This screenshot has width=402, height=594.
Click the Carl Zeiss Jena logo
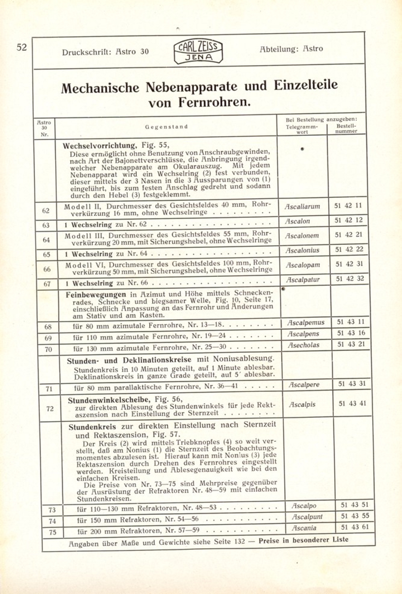pos(198,51)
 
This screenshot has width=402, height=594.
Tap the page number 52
pos(21,47)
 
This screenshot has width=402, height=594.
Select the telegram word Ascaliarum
pos(302,207)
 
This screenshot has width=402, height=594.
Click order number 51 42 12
pos(348,220)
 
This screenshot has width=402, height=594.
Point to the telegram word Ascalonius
pos(302,250)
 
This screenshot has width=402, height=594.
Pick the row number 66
pos(47,269)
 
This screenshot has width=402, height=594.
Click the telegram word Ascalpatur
pos(303,280)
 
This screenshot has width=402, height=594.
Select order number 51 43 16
pos(351,333)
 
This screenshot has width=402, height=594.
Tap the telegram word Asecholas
pos(303,345)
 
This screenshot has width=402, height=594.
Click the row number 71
pos(49,389)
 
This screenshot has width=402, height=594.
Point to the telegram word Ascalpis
pos(302,405)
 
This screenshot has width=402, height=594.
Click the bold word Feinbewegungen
pos(96,295)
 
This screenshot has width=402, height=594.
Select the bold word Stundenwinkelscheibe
pos(109,400)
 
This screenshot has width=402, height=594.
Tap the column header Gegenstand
pos(166,127)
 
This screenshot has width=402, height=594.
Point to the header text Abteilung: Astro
pos(291,49)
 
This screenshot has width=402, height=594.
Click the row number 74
pos(52,521)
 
